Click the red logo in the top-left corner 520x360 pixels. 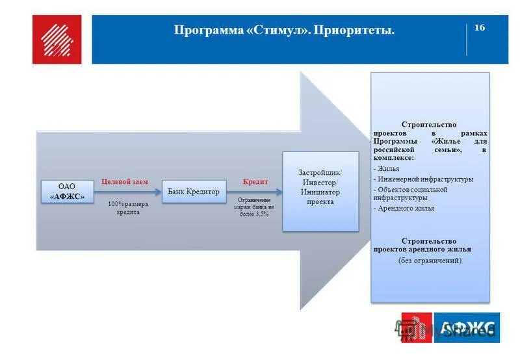click(x=57, y=39)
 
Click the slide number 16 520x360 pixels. click(x=480, y=27)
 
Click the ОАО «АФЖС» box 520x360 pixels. click(x=68, y=191)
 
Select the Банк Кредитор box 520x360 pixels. click(x=194, y=192)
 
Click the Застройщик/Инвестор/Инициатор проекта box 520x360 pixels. click(x=320, y=191)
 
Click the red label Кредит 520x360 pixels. click(x=255, y=181)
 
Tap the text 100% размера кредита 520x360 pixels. click(x=129, y=208)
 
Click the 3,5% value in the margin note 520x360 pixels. click(x=261, y=214)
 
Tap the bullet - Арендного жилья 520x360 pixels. click(x=404, y=209)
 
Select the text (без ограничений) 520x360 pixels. click(x=430, y=260)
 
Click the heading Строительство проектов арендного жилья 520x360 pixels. click(x=423, y=245)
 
